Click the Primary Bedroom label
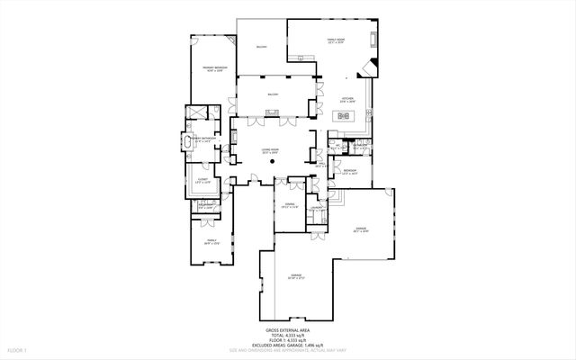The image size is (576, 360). tap(213, 69)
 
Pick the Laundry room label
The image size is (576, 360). tap(317, 208)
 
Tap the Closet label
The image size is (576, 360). tap(203, 181)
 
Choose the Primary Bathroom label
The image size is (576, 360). tap(201, 139)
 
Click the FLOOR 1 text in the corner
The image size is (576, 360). tap(17, 348)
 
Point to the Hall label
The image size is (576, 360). tap(319, 166)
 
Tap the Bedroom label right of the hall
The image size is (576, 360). tap(350, 170)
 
